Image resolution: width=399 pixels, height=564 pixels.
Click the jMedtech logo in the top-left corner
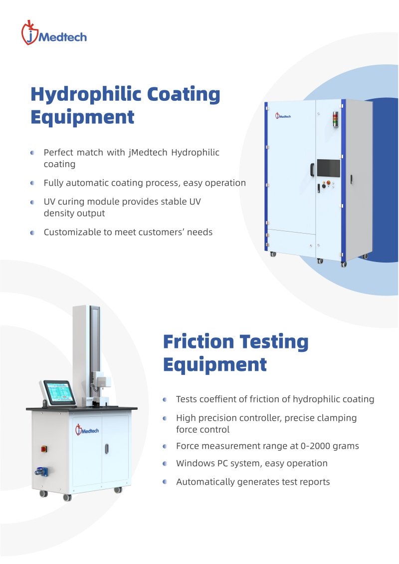(54, 33)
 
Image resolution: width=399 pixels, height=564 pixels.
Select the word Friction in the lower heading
(199, 342)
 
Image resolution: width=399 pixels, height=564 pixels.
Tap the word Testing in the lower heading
(274, 342)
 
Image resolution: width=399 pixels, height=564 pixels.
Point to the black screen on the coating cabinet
(328, 168)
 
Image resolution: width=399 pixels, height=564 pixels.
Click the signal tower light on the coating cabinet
(335, 119)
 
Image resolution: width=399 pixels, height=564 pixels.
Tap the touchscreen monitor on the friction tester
(60, 392)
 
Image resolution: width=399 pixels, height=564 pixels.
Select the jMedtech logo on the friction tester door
(87, 430)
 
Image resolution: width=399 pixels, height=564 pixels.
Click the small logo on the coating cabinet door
(283, 116)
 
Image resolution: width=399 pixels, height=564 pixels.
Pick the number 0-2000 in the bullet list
(315, 446)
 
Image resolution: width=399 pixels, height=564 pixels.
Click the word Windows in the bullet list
(194, 463)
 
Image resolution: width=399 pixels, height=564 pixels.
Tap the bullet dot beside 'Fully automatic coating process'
(32, 183)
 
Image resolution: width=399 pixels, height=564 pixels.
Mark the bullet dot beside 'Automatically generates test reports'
(165, 482)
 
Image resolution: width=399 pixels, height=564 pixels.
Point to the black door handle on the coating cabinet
(312, 169)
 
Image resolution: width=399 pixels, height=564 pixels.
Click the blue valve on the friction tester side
(41, 472)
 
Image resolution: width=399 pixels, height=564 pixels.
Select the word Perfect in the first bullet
(58, 153)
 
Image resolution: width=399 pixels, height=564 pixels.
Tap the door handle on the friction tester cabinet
(107, 449)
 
